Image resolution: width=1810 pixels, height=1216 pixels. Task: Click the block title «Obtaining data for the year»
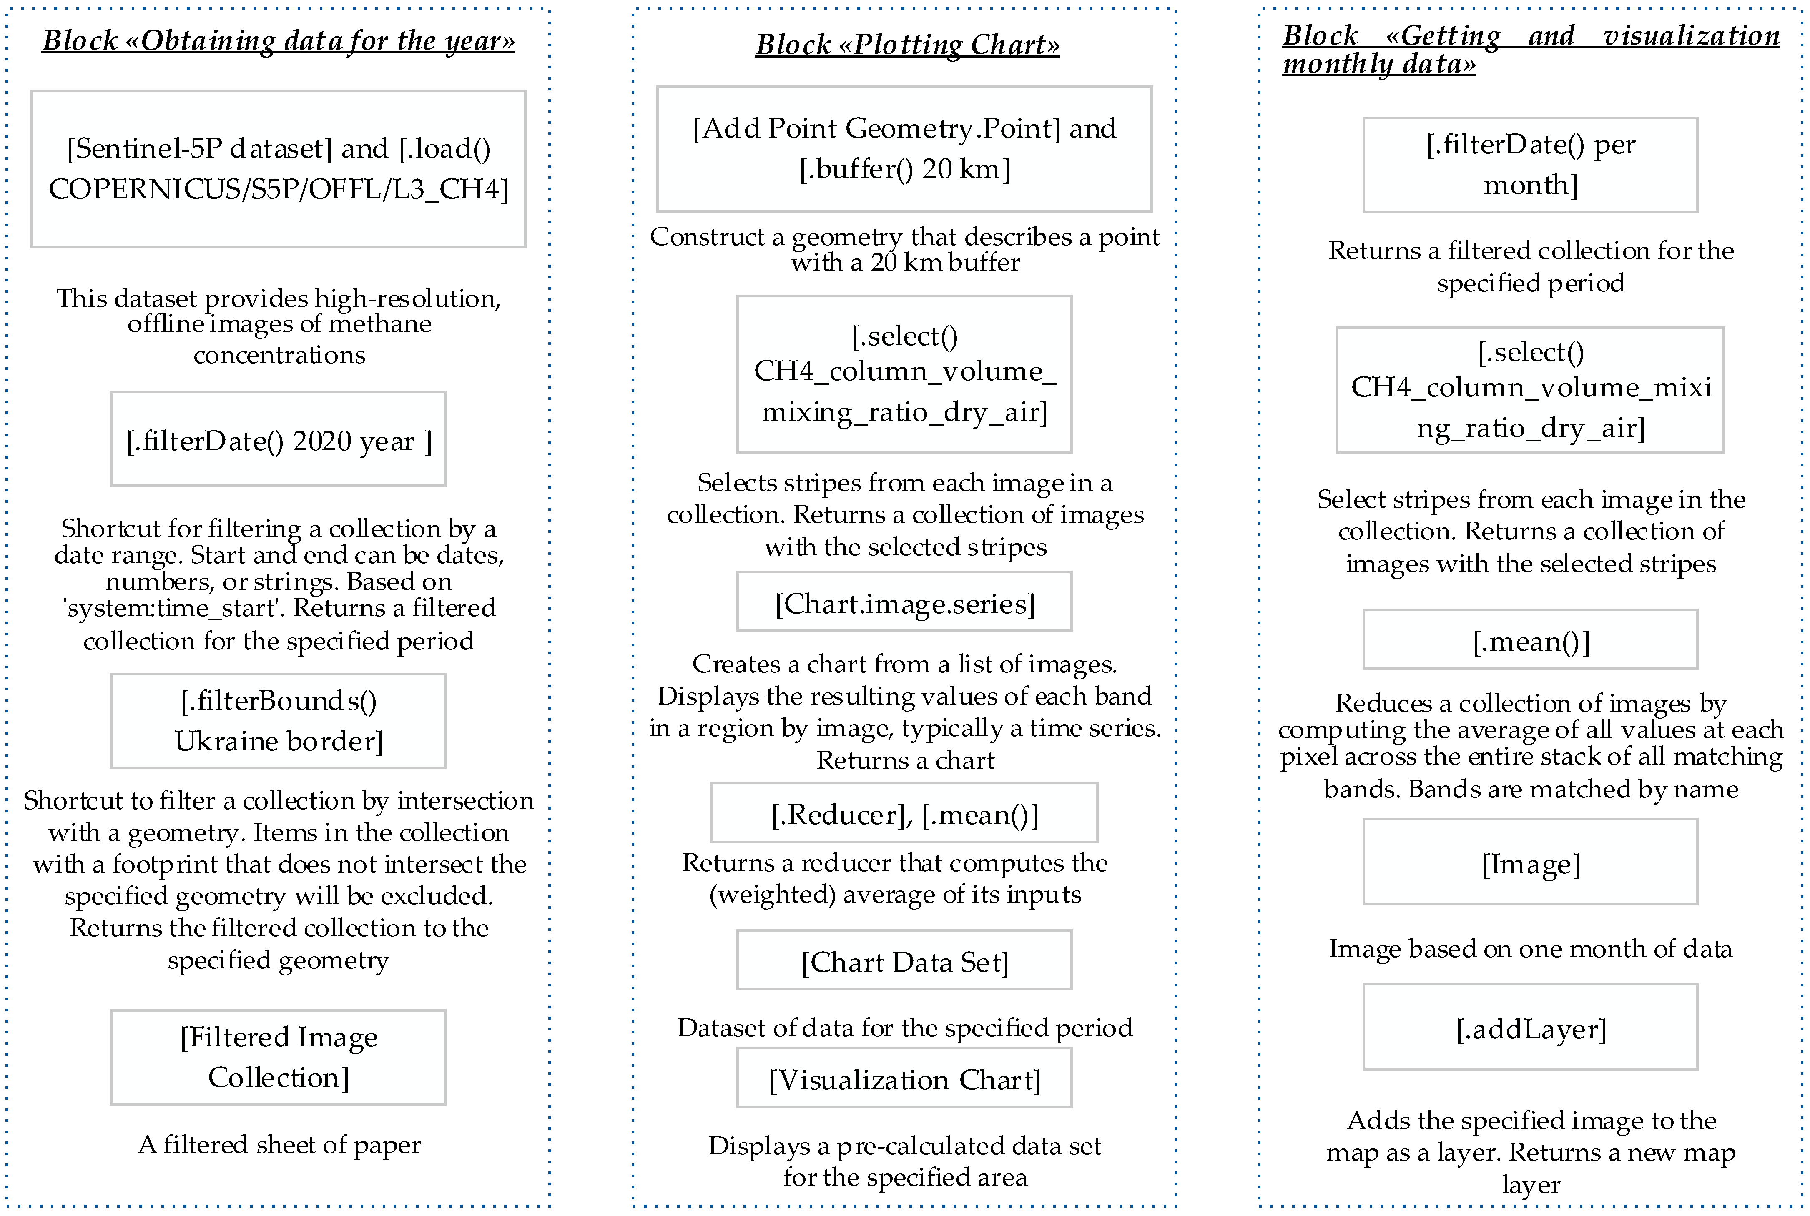pyautogui.click(x=279, y=40)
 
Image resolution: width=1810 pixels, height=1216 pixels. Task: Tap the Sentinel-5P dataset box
pyautogui.click(x=279, y=169)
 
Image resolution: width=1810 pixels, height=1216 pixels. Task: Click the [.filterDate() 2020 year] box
pyautogui.click(x=279, y=440)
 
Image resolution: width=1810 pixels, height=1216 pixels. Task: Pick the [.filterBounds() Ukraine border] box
pyautogui.click(x=279, y=721)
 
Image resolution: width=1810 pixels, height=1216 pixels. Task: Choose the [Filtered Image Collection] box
pyautogui.click(x=279, y=1057)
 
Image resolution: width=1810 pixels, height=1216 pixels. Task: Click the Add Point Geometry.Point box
pyautogui.click(x=904, y=149)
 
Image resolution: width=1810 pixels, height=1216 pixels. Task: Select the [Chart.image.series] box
pyautogui.click(x=904, y=602)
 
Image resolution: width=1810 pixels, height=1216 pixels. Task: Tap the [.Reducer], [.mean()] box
pyautogui.click(x=904, y=813)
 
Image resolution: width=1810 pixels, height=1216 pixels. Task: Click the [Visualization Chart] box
pyautogui.click(x=904, y=1079)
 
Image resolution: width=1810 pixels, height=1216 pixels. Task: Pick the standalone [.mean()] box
pyautogui.click(x=1530, y=641)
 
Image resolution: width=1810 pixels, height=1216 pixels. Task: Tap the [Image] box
pyautogui.click(x=1530, y=862)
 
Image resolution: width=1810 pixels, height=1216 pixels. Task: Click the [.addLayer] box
pyautogui.click(x=1530, y=1028)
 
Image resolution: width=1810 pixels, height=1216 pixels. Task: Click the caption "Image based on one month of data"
pyautogui.click(x=1530, y=948)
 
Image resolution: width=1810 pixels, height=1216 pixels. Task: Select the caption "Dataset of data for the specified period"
pyautogui.click(x=904, y=1028)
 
